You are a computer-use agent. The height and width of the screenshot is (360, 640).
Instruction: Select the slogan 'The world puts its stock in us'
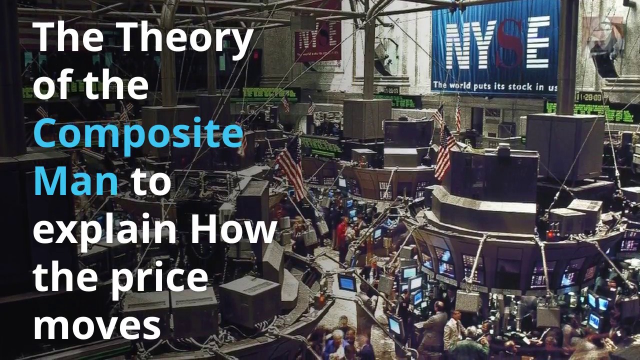[495, 86]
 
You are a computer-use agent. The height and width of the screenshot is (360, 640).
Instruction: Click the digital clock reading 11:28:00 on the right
[588, 96]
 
